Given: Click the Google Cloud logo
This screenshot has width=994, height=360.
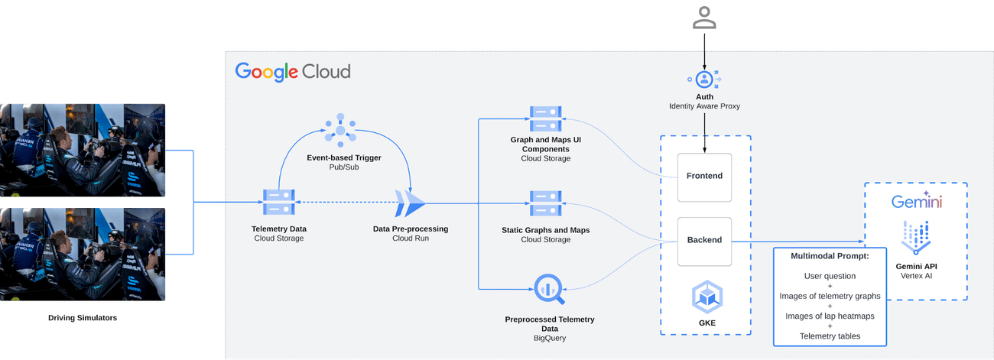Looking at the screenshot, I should tap(293, 72).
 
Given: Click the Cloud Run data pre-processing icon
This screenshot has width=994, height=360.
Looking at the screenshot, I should tap(410, 203).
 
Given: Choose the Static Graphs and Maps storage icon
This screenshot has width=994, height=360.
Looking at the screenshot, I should tap(545, 203).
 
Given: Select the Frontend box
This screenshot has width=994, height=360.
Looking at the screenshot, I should tap(704, 176).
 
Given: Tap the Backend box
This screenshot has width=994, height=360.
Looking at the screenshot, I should tap(704, 240).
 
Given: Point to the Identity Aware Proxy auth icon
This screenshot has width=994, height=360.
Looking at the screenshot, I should tap(704, 79).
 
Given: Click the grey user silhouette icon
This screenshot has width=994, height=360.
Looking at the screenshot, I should tap(704, 18).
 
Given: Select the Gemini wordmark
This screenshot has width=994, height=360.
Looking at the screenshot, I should tap(916, 202).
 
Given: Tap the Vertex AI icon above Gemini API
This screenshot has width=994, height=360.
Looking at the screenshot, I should tap(916, 237).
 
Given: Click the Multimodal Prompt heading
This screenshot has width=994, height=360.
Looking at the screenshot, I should tap(830, 256).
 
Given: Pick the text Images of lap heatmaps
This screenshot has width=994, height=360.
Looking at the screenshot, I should tap(830, 316).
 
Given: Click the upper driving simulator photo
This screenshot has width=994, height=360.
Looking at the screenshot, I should tap(83, 150).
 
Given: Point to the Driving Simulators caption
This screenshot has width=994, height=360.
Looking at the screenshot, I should tap(83, 317).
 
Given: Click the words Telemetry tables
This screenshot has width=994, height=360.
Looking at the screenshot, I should tap(830, 336).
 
